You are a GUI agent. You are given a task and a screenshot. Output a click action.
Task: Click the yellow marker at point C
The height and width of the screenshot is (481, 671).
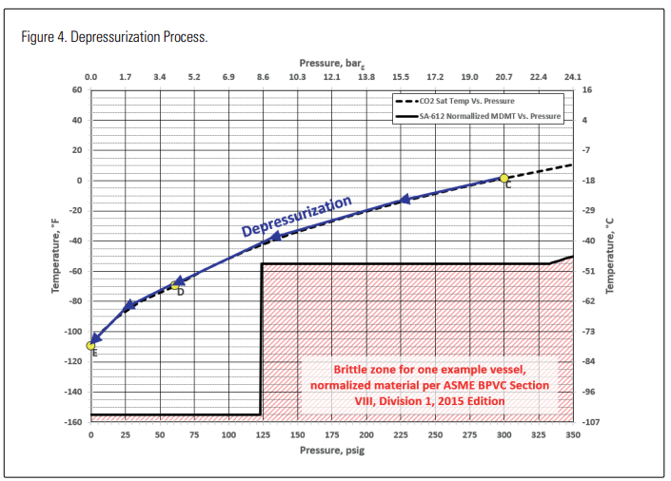[x=504, y=178]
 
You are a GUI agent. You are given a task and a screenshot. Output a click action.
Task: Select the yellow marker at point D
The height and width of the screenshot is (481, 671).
[x=175, y=284]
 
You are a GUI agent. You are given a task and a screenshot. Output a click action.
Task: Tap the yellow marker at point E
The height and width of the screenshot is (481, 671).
[x=91, y=345]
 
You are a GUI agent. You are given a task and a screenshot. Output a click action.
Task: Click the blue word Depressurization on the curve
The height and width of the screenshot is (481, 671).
[x=296, y=217]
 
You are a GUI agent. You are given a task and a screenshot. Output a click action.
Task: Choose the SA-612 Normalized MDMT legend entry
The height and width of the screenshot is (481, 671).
[x=476, y=116]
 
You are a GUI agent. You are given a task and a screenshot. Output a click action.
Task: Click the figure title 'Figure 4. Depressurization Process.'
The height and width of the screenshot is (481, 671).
[x=114, y=37]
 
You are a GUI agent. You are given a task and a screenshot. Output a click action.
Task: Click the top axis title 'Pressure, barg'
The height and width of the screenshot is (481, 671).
[x=332, y=62]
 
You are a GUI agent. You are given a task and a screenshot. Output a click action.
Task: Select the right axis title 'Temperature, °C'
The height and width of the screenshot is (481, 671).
[x=610, y=255]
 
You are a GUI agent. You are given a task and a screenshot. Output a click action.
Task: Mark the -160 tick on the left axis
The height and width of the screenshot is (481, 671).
[x=72, y=421]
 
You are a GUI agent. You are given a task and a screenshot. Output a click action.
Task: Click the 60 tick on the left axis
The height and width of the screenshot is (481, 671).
[x=77, y=89]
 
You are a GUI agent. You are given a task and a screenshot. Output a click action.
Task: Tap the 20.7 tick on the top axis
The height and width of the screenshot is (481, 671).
[x=504, y=76]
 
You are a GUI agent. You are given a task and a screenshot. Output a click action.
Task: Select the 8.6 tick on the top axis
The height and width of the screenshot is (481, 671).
[x=263, y=76]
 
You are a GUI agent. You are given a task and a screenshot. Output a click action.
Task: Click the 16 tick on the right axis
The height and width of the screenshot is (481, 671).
[x=586, y=89]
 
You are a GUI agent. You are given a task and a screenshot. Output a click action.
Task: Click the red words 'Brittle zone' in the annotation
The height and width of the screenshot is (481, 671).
[x=366, y=369]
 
